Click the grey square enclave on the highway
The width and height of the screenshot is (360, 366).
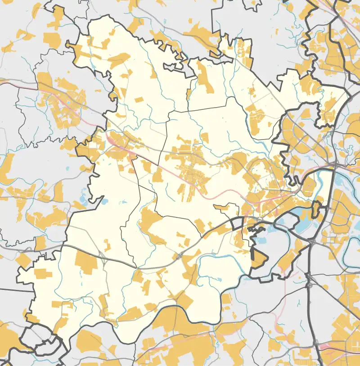coord(237,223)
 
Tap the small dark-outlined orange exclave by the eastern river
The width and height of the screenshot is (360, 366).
coord(316,209)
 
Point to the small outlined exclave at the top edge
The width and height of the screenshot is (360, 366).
coord(252,4)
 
